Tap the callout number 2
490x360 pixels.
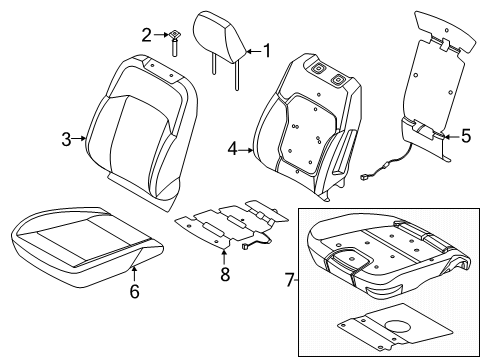(x=146, y=35)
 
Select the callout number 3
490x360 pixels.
(x=66, y=139)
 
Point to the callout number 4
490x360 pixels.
(x=232, y=149)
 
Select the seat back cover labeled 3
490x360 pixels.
(x=140, y=120)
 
